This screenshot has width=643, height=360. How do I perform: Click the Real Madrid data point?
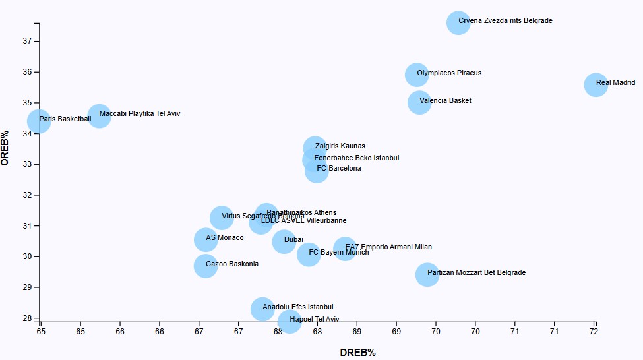click(596, 84)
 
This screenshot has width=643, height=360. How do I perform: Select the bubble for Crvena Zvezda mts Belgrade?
click(458, 22)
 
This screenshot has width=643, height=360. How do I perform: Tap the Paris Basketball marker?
click(39, 121)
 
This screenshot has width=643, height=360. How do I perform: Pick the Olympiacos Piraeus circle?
click(416, 75)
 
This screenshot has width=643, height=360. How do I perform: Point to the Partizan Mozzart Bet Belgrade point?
click(427, 274)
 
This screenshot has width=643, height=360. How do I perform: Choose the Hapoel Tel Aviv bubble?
click(290, 321)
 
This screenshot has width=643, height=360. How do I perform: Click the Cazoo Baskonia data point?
click(206, 266)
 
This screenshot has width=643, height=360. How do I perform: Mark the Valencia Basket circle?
click(419, 102)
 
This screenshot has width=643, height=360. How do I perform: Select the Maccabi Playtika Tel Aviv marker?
click(99, 116)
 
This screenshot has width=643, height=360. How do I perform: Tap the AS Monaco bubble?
click(206, 240)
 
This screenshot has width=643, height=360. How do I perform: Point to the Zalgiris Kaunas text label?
click(340, 146)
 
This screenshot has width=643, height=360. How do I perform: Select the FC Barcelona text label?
click(339, 169)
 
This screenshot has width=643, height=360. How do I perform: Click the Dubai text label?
click(293, 240)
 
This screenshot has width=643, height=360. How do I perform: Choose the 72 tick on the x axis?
click(594, 332)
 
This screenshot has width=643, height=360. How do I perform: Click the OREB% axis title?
click(6, 148)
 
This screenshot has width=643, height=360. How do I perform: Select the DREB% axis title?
click(357, 353)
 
